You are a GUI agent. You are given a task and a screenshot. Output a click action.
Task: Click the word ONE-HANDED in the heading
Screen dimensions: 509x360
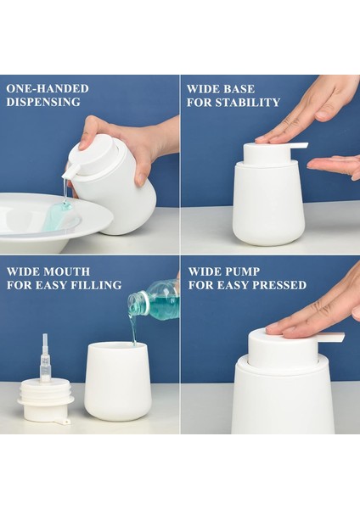(48, 88)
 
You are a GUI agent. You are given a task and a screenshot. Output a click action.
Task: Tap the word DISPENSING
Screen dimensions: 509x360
(43, 103)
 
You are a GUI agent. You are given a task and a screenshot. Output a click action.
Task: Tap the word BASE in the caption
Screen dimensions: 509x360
(239, 88)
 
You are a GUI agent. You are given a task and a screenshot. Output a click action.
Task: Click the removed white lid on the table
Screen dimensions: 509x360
(46, 404)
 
